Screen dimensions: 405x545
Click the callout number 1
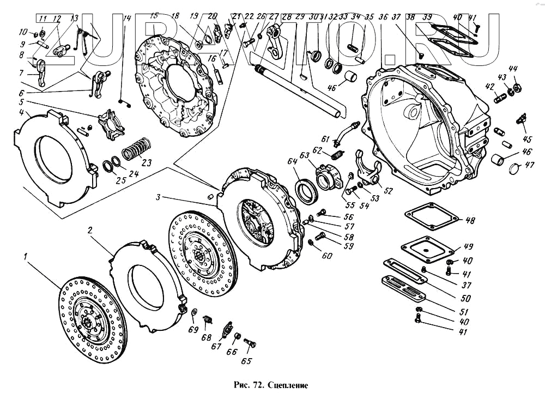[x=24, y=255]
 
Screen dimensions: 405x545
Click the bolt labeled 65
[x=250, y=343]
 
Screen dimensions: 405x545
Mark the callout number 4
[x=20, y=113]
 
